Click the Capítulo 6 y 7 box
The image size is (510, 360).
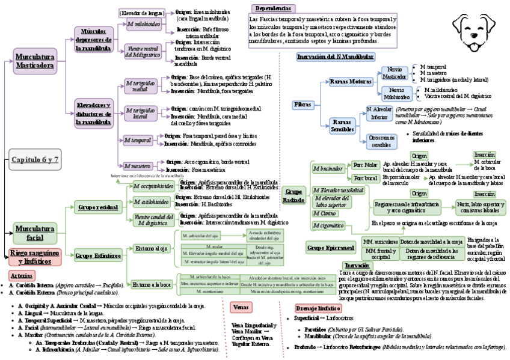pyautogui.click(x=34, y=160)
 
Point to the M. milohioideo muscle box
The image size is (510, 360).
pyautogui.click(x=144, y=24)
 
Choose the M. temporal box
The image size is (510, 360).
pyautogui.click(x=138, y=140)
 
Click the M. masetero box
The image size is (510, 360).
pyautogui.click(x=138, y=165)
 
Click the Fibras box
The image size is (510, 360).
pyautogui.click(x=303, y=105)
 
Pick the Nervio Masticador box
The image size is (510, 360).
pyautogui.click(x=395, y=73)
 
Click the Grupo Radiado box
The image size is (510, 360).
pyautogui.click(x=293, y=195)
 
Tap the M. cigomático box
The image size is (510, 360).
pyautogui.click(x=328, y=225)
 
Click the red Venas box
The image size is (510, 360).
pyautogui.click(x=241, y=307)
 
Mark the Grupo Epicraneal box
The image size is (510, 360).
pyautogui.click(x=331, y=247)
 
